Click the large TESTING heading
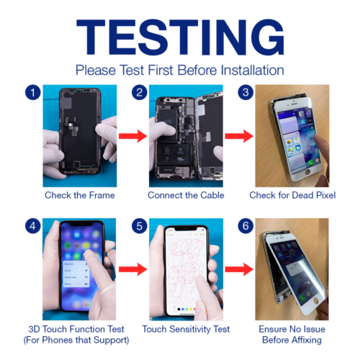[x=180, y=37]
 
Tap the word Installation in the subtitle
[x=252, y=71]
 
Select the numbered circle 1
[x=33, y=92]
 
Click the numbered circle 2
[x=139, y=92]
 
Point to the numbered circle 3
[x=246, y=92]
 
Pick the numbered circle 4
[x=33, y=226]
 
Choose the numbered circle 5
[x=139, y=226]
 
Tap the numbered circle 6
[x=246, y=226]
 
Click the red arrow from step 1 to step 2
[x=133, y=136]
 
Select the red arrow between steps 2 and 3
[x=239, y=136]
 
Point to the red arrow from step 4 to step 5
[x=133, y=269]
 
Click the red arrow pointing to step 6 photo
[x=239, y=269]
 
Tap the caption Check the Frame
[x=80, y=195]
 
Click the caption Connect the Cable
[x=186, y=195]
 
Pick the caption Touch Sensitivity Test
[x=186, y=329]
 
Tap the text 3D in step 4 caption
[x=34, y=329]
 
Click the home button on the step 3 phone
[x=307, y=172]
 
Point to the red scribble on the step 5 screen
[x=186, y=271]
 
